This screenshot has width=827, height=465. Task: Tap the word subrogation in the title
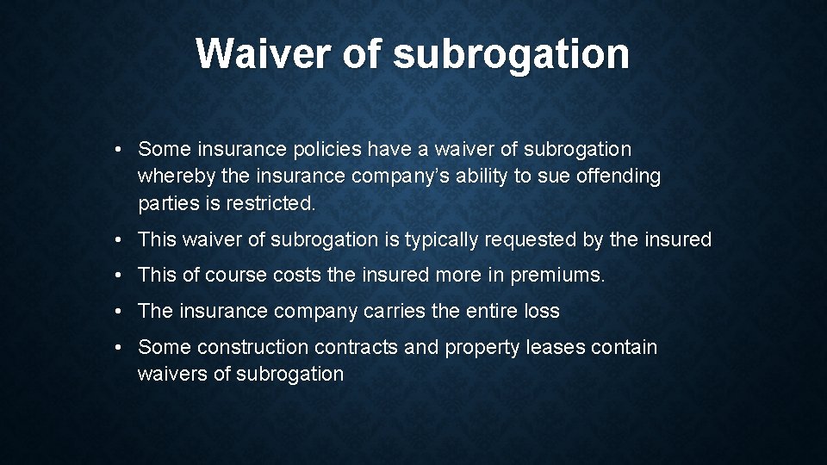pyautogui.click(x=511, y=55)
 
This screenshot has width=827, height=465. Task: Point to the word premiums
pyautogui.click(x=558, y=276)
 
